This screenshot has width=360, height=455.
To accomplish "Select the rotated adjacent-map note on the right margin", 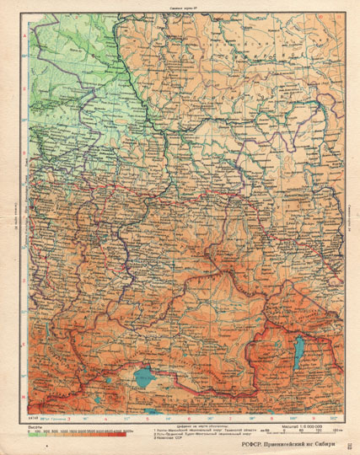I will point(347,216).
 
